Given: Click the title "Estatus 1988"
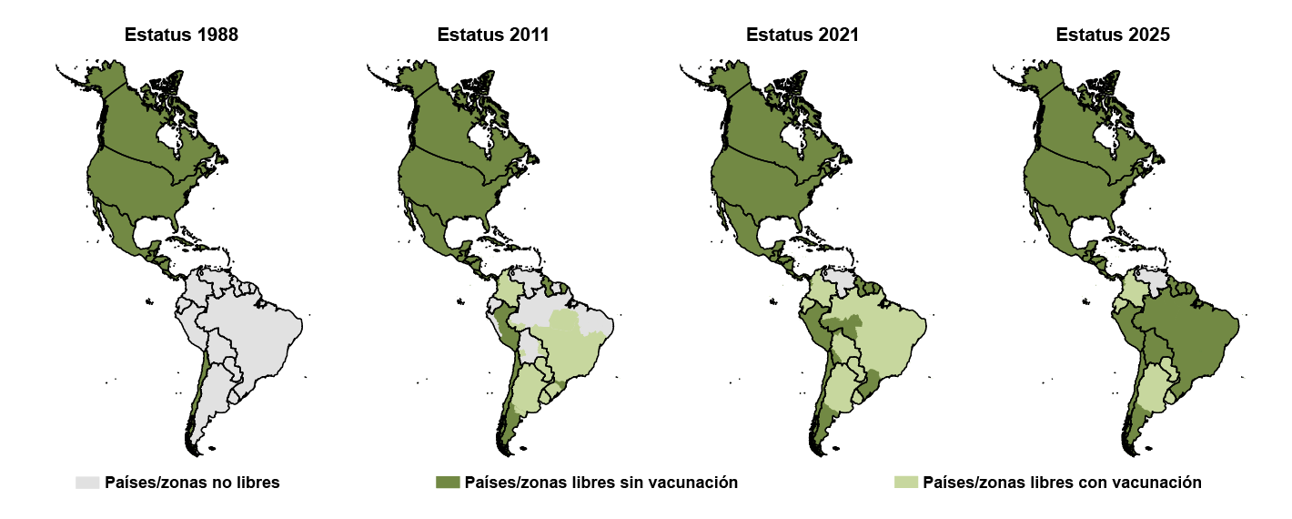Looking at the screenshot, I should click(181, 36).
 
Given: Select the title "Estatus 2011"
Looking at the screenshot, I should click(492, 36).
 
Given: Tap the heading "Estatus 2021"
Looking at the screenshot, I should click(802, 36).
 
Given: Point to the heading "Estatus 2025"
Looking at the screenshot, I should click(1113, 36).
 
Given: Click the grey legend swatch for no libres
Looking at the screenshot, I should click(87, 483).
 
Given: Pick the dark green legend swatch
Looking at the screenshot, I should click(448, 483).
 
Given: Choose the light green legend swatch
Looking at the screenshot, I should click(906, 483).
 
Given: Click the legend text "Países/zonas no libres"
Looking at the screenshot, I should click(192, 483).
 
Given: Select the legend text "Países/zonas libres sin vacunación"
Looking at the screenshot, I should click(601, 483).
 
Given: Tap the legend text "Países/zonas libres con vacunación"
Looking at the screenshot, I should click(1062, 483).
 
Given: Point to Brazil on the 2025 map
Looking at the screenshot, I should click(1187, 332).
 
